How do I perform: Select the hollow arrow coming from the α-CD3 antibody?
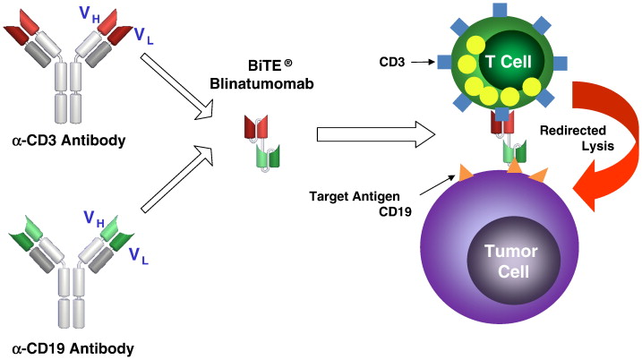tap(178, 84)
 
